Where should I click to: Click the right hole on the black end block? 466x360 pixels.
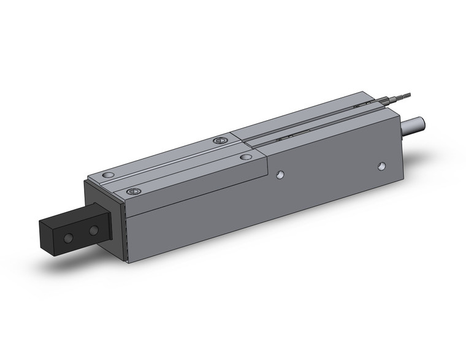tap(93, 231)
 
